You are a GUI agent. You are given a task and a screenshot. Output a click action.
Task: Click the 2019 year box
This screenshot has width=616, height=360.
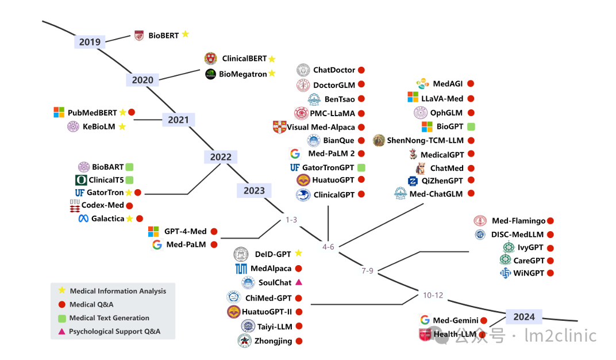click(x=90, y=41)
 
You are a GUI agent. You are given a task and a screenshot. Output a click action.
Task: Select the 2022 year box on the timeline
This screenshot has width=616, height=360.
click(x=221, y=157)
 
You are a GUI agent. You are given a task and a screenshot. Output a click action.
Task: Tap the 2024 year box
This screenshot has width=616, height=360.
click(x=523, y=317)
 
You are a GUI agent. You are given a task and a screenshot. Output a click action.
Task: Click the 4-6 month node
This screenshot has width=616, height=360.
click(x=328, y=247)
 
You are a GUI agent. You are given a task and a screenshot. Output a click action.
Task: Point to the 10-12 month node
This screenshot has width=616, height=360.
click(x=433, y=296)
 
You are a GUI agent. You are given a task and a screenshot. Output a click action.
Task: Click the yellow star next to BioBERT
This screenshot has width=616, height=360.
click(x=185, y=35)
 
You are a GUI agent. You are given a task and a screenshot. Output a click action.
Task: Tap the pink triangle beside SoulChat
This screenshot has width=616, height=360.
click(x=298, y=282)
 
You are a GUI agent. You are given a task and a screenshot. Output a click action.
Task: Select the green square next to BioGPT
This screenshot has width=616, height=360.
click(x=471, y=127)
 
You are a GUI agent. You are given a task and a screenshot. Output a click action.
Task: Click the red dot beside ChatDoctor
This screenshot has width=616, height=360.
click(x=361, y=70)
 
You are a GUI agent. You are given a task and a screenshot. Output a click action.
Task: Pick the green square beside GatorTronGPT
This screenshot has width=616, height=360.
click(x=361, y=167)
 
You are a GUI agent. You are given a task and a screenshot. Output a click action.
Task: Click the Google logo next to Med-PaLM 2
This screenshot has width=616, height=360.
click(x=295, y=154)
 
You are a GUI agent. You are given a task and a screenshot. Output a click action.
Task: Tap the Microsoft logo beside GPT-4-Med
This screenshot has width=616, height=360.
click(x=153, y=232)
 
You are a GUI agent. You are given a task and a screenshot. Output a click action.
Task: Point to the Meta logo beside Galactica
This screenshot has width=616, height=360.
click(x=83, y=219)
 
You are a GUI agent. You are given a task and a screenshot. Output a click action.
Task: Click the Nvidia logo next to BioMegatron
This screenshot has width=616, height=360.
click(x=210, y=74)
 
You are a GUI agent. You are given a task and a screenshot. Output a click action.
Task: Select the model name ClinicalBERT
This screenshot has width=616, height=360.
click(x=244, y=59)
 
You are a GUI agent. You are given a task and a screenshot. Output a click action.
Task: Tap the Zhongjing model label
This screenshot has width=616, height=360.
click(x=273, y=341)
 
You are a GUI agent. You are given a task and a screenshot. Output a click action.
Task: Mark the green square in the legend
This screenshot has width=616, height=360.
click(x=61, y=318)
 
